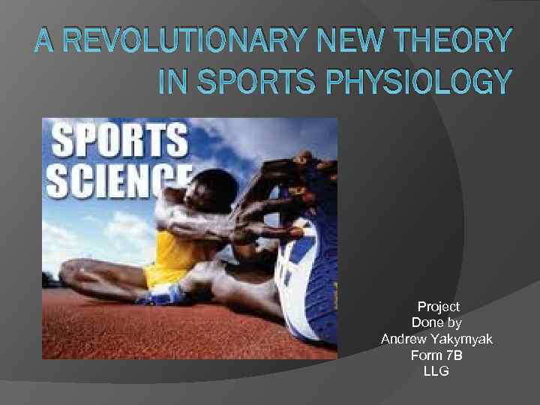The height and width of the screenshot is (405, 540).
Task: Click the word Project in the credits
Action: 438,307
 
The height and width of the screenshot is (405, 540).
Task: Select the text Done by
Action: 437,323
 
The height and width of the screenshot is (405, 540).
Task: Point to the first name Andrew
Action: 404,339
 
